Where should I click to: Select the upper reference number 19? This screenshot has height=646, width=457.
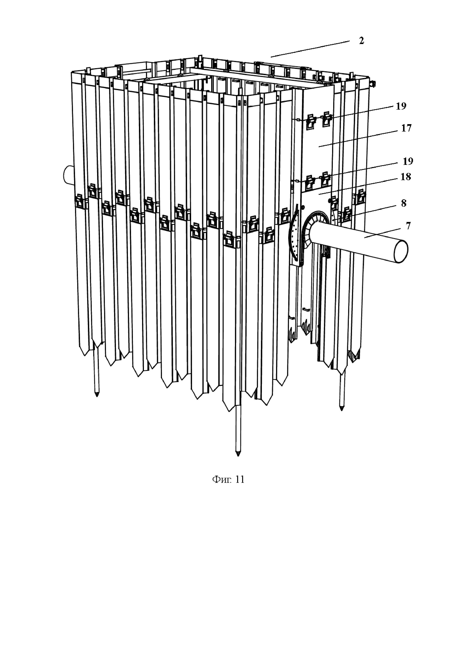(401, 106)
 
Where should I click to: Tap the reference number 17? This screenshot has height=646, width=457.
(406, 128)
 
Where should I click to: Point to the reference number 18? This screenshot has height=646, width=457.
(406, 177)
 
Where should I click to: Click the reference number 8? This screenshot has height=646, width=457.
(404, 203)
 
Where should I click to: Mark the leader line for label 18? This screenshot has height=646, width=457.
(363, 185)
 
